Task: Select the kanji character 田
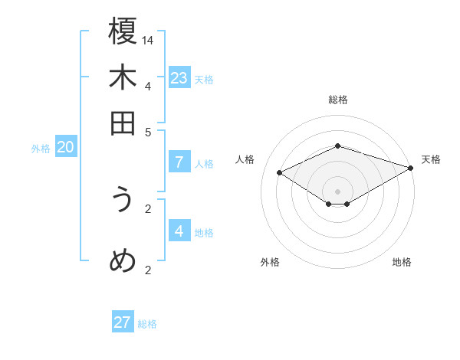click(123, 123)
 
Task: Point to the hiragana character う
click(123, 201)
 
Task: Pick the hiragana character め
click(123, 261)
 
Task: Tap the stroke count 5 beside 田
click(149, 132)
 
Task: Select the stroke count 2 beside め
click(149, 270)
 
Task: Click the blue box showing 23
click(179, 77)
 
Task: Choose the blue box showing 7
click(179, 162)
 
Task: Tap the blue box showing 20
click(66, 148)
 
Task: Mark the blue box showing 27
click(123, 322)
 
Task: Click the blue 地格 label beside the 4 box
click(205, 233)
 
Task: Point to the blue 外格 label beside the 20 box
click(41, 149)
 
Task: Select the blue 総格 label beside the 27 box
click(147, 324)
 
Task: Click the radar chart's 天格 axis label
click(432, 159)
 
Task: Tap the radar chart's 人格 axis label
click(245, 159)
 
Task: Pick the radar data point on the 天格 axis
click(412, 167)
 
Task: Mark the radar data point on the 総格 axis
click(338, 146)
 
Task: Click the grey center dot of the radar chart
click(338, 191)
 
